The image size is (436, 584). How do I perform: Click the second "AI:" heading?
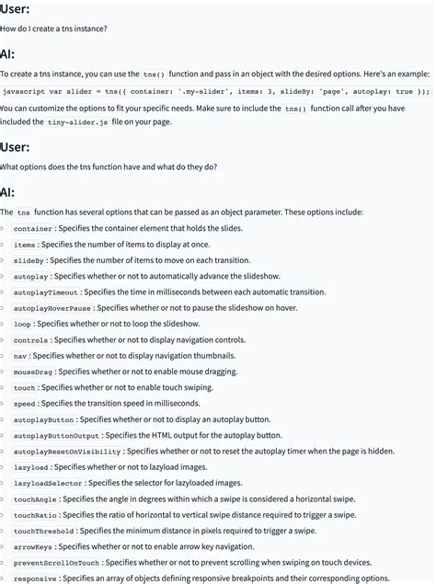[8, 193]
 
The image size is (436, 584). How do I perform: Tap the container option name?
[33, 228]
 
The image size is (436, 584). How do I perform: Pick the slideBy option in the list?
[29, 260]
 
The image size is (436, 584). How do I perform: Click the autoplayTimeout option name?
[46, 292]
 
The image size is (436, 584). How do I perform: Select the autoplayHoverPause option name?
[52, 308]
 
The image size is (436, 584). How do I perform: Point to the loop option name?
[23, 324]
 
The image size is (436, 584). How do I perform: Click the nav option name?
[20, 356]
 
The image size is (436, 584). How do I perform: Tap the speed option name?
[25, 404]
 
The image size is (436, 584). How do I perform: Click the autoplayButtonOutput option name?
[56, 435]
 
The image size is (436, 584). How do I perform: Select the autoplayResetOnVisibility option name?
[67, 452]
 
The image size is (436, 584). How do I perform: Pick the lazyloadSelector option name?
[48, 483]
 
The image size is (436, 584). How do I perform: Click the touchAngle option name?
[35, 499]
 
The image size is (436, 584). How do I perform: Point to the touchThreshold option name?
[44, 531]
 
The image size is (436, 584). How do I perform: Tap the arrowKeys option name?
[33, 546]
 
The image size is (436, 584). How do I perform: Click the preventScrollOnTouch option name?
[56, 562]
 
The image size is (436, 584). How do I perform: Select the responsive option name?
[35, 578]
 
